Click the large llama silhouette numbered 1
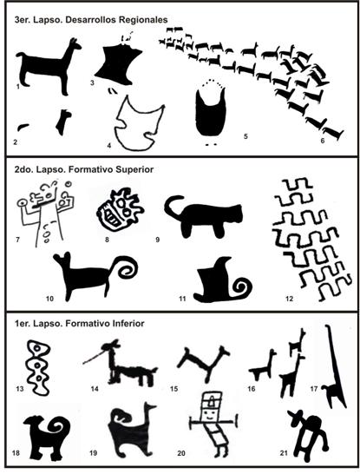pyautogui.click(x=45, y=68)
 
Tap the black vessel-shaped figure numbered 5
pyautogui.click(x=211, y=118)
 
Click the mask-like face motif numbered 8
pyautogui.click(x=120, y=209)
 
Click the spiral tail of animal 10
pyautogui.click(x=127, y=267)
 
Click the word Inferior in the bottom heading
pyautogui.click(x=128, y=324)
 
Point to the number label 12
pyautogui.click(x=290, y=299)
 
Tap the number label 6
pyautogui.click(x=322, y=141)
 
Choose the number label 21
pyautogui.click(x=284, y=453)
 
